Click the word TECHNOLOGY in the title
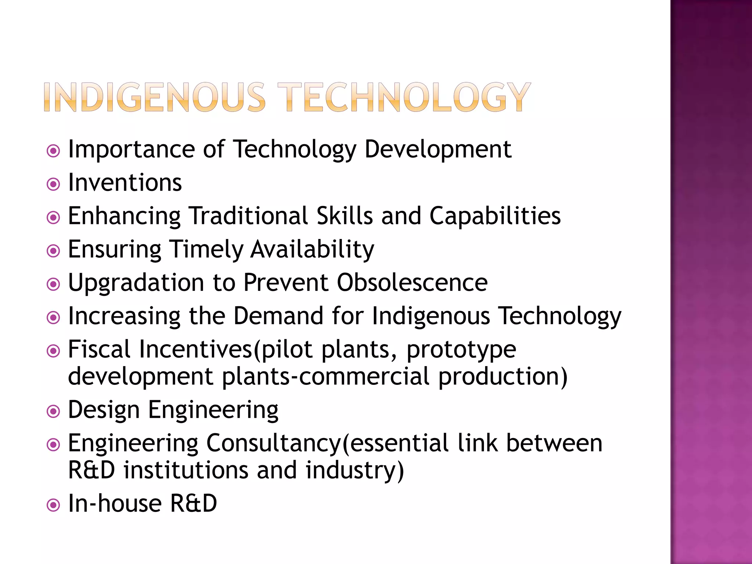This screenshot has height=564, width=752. [404, 97]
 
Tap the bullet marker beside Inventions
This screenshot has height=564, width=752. [54, 184]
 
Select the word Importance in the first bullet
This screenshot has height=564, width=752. [131, 150]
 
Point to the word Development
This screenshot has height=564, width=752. [438, 150]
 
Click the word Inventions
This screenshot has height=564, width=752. [125, 183]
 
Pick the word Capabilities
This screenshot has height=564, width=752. [495, 216]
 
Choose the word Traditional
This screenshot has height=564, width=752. [249, 216]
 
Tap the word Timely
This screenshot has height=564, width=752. [206, 250]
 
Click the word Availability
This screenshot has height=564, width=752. [312, 250]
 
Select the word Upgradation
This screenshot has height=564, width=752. [136, 283]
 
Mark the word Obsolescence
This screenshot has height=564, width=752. [412, 283]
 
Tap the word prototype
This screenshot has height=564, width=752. [461, 350]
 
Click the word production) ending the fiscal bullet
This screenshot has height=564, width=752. [503, 377]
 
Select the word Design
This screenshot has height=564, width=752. [104, 410]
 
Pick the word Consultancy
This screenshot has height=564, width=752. [274, 444]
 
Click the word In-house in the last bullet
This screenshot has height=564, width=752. [115, 503]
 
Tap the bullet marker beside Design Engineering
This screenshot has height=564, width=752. [54, 412]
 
